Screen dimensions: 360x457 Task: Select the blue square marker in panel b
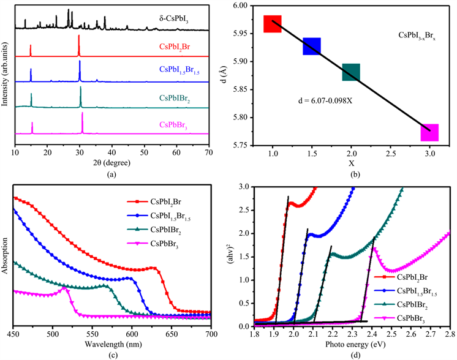coord(312,46)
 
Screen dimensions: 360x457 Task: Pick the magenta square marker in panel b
coord(429,132)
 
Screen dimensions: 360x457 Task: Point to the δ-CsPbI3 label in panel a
coord(170,21)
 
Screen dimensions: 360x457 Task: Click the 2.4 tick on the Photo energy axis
coord(372,335)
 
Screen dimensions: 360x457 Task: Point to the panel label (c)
coord(111,355)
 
